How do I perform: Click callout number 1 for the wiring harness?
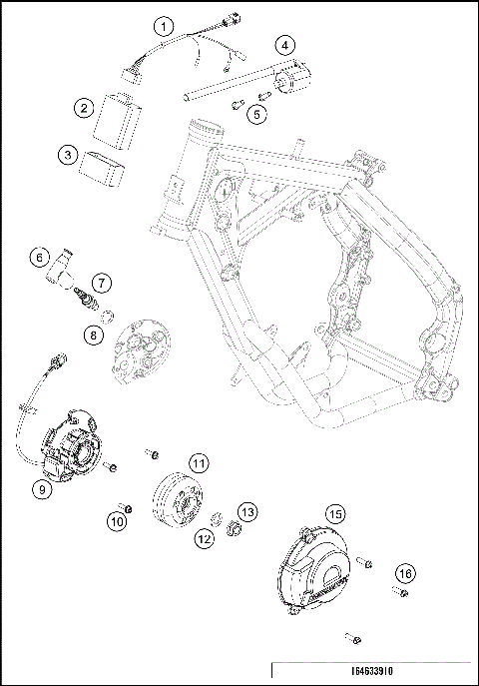pyautogui.click(x=165, y=26)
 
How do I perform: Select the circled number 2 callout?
pyautogui.click(x=86, y=108)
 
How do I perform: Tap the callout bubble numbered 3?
pyautogui.click(x=67, y=155)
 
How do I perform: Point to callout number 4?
pyautogui.click(x=285, y=45)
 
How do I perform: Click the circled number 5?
pyautogui.click(x=257, y=115)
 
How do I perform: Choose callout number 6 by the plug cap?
pyautogui.click(x=39, y=257)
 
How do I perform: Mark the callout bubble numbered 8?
pyautogui.click(x=93, y=336)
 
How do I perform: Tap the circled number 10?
pyautogui.click(x=118, y=521)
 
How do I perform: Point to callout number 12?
pyautogui.click(x=204, y=539)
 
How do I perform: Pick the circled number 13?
pyautogui.click(x=247, y=511)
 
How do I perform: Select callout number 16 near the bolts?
pyautogui.click(x=404, y=573)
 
